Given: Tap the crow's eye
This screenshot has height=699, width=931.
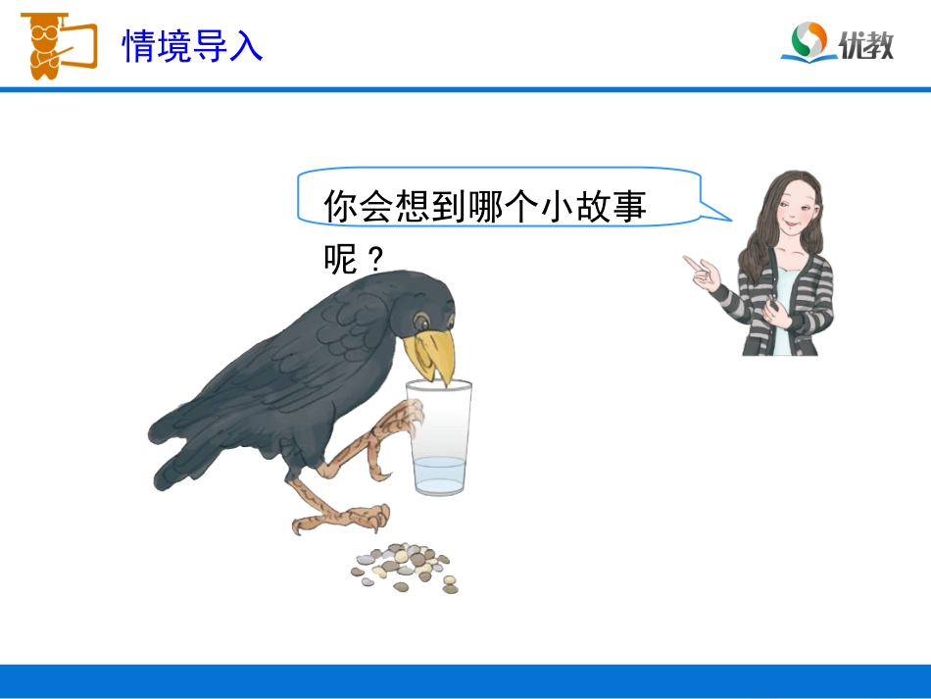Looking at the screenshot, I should (420, 321).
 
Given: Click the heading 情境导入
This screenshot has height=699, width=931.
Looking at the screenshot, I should (192, 45).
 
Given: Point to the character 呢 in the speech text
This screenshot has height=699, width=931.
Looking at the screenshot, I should (339, 259).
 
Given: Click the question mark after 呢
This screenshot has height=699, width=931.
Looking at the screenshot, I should (372, 259).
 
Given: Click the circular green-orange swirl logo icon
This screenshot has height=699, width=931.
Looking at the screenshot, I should (809, 41).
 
